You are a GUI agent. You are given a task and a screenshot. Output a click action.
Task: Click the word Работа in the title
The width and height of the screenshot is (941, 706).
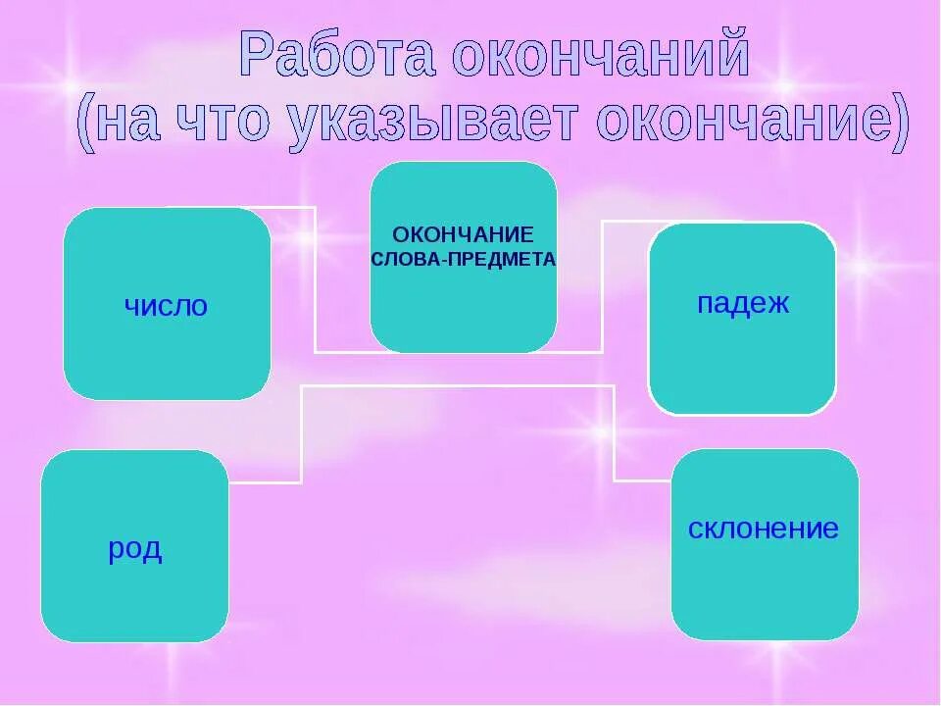pyautogui.click(x=337, y=56)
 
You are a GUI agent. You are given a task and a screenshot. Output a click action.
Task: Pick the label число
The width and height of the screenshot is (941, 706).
pyautogui.click(x=166, y=306)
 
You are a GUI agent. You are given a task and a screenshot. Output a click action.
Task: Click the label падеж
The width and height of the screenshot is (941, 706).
pyautogui.click(x=742, y=303)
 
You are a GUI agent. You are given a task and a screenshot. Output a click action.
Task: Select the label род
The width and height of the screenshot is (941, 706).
pyautogui.click(x=135, y=549)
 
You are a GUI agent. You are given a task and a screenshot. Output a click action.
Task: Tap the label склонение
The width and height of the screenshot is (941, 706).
pyautogui.click(x=764, y=529)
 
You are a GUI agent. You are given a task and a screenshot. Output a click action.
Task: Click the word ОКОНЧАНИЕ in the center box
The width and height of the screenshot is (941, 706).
pyautogui.click(x=463, y=235)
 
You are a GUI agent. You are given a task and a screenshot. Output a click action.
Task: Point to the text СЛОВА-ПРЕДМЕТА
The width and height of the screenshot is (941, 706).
pyautogui.click(x=463, y=261)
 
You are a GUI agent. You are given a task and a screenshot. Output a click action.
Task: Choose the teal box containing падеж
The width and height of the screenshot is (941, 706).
pyautogui.click(x=742, y=363)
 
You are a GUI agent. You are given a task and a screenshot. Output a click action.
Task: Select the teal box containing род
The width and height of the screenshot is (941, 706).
pyautogui.click(x=135, y=598)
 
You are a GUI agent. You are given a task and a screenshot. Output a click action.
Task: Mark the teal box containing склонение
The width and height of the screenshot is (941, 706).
pyautogui.click(x=765, y=588)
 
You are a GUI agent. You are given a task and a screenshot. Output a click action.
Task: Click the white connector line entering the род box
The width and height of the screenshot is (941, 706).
pyautogui.click(x=265, y=482)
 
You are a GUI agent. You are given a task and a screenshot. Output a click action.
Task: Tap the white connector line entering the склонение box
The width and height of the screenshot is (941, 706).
pyautogui.click(x=642, y=480)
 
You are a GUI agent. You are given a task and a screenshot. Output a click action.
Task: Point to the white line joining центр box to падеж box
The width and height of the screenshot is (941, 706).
pyautogui.click(x=602, y=284)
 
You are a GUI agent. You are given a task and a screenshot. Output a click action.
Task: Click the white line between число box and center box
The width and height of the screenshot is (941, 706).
pyautogui.click(x=315, y=284)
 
